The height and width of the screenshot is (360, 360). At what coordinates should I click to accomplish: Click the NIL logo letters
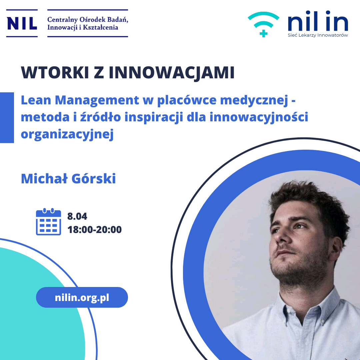coord(22,23)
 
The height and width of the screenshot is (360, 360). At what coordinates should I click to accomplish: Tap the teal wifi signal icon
coord(264,24)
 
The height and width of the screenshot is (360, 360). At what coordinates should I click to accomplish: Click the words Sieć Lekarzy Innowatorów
coord(318,35)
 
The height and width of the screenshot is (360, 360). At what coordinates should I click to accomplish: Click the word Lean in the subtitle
coord(36,100)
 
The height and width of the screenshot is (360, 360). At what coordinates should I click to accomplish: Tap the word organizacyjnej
coord(67,134)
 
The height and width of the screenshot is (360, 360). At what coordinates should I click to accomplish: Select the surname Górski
coord(94,178)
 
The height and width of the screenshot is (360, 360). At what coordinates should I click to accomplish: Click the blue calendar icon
coord(48,222)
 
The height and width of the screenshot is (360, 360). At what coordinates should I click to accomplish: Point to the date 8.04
coord(77,216)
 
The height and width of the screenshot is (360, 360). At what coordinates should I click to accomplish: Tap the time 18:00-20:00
coord(94,230)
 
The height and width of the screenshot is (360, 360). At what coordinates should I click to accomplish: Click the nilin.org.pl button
coord(82,297)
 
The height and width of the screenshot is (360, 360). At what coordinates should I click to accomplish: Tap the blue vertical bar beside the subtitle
coord(7,118)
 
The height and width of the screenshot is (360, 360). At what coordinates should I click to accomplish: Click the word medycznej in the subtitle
coord(254,101)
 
